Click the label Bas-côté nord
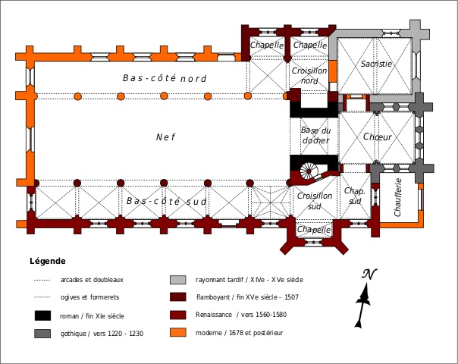click(165, 78)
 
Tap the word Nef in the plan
click(165, 137)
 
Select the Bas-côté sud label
click(166, 202)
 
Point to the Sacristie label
click(376, 64)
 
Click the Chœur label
click(377, 137)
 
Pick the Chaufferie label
click(398, 197)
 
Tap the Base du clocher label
click(315, 136)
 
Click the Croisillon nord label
click(309, 75)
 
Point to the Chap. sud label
click(354, 196)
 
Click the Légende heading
click(48, 260)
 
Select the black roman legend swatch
click(43, 315)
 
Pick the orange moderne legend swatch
click(177, 332)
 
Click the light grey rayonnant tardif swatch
click(177, 280)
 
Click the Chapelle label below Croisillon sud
click(314, 230)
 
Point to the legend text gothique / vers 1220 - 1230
click(101, 333)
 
